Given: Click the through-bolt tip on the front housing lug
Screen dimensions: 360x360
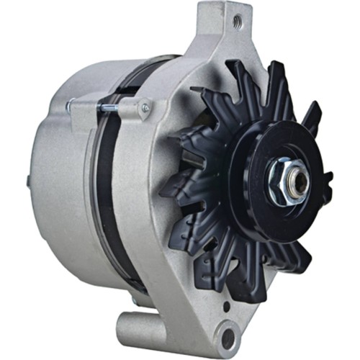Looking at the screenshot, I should coord(145,109).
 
